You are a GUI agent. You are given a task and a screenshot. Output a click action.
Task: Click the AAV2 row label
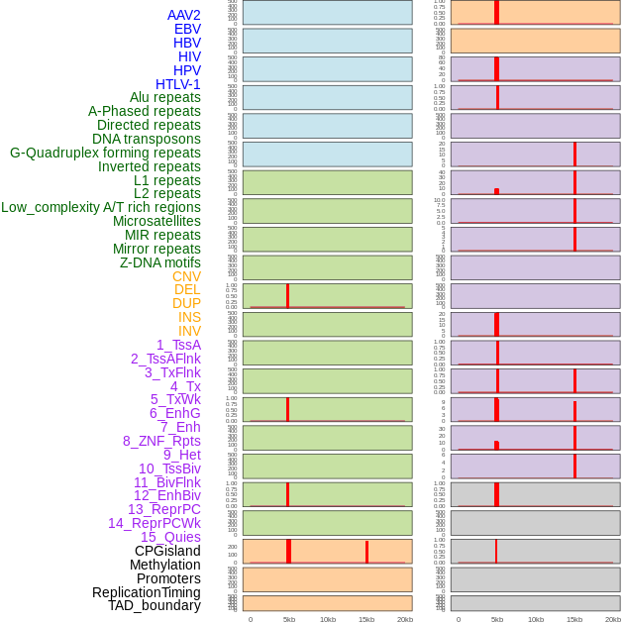coord(184,15)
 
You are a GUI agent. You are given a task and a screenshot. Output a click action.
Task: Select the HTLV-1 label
coord(177,84)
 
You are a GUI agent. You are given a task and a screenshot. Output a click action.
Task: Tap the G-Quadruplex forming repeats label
coord(105,153)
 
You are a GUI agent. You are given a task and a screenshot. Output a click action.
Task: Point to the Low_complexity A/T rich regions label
coord(101,207)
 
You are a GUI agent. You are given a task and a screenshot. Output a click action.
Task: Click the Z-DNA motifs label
coord(159,262)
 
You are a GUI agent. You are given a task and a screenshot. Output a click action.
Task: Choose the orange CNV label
coord(186,276)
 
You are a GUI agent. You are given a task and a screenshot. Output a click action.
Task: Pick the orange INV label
coord(189,331)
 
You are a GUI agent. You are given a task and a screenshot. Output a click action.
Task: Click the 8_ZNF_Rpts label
coord(161,441)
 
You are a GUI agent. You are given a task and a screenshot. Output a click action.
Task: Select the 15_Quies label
coord(170,537)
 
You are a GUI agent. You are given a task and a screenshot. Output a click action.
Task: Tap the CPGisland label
coord(167,551)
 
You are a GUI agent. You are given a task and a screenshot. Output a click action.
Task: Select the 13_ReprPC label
coord(163,509)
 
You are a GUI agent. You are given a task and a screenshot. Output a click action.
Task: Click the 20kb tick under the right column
coord(613,619)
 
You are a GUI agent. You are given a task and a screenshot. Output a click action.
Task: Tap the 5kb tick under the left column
coord(289,619)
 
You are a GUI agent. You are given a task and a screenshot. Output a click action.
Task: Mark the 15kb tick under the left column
coord(366,619)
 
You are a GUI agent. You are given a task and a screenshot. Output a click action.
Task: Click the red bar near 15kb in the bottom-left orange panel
coord(366,552)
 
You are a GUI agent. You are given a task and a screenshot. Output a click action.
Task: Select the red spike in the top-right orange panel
coord(496,12)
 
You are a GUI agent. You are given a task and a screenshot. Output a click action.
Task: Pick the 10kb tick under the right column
coord(536,619)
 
